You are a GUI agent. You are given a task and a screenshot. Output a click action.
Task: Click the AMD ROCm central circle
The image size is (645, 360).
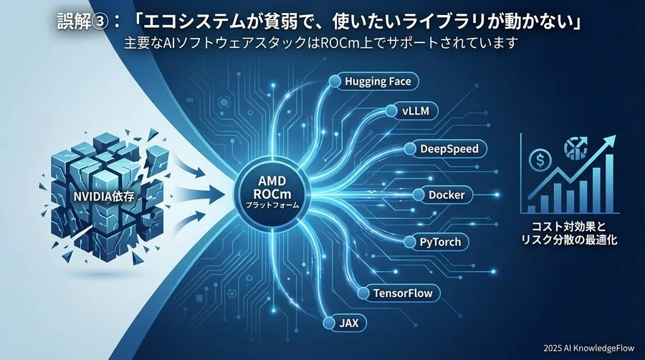(x=272, y=192)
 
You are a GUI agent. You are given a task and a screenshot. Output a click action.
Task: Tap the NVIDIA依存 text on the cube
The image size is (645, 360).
(x=104, y=196)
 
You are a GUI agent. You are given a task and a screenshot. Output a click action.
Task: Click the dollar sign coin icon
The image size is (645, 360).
(x=540, y=160)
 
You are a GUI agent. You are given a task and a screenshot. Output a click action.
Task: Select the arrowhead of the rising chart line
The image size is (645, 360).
(x=610, y=141)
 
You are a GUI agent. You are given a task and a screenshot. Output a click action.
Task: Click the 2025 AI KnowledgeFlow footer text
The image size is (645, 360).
(x=588, y=348)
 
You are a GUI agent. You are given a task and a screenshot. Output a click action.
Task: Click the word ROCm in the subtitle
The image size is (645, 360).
(x=338, y=43)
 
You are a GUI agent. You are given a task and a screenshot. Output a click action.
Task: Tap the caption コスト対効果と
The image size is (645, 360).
(x=569, y=227)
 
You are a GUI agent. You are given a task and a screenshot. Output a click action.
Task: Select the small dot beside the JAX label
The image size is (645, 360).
(x=329, y=323)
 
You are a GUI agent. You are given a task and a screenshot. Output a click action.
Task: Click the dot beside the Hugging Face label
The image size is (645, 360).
(x=335, y=80)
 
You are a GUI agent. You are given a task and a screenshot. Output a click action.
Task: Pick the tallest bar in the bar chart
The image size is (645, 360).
(x=609, y=184)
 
